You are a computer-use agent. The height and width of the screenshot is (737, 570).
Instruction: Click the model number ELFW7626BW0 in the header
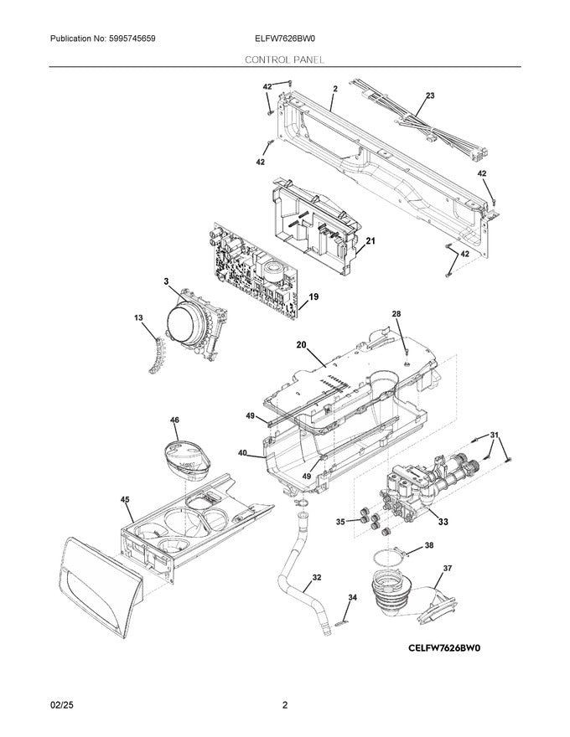pyautogui.click(x=285, y=39)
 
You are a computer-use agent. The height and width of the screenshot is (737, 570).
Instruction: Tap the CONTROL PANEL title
pyautogui.click(x=285, y=60)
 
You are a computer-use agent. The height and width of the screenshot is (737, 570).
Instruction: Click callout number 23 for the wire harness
pyautogui.click(x=430, y=96)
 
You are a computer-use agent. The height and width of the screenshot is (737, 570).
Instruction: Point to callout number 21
pyautogui.click(x=370, y=241)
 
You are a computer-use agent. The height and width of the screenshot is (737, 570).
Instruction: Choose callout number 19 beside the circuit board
pyautogui.click(x=313, y=296)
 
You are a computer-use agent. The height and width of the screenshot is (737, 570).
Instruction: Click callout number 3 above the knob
pyautogui.click(x=166, y=281)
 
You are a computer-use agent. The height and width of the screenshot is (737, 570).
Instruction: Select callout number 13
pyautogui.click(x=138, y=317)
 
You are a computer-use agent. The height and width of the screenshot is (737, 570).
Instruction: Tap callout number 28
pyautogui.click(x=396, y=313)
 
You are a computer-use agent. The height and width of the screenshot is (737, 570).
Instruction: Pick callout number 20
pyautogui.click(x=301, y=344)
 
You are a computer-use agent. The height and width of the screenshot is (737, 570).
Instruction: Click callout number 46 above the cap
pyautogui.click(x=174, y=420)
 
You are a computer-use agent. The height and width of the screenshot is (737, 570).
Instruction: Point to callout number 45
pyautogui.click(x=125, y=500)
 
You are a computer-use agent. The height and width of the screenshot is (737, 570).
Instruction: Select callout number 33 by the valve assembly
pyautogui.click(x=443, y=522)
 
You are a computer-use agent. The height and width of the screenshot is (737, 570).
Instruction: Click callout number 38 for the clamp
pyautogui.click(x=429, y=545)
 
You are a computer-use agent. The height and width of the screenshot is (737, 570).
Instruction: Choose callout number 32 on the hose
pyautogui.click(x=316, y=577)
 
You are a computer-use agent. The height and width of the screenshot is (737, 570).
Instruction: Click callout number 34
pyautogui.click(x=352, y=597)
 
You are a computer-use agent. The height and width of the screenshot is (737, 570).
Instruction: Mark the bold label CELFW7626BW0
pyautogui.click(x=448, y=647)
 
